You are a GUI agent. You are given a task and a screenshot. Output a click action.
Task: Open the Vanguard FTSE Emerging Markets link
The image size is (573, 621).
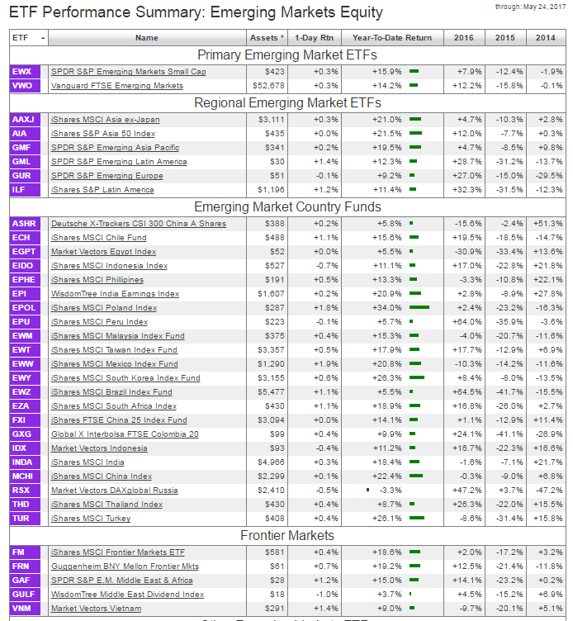pos(117,86)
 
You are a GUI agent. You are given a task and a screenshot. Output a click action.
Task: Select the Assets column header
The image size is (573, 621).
pos(266,38)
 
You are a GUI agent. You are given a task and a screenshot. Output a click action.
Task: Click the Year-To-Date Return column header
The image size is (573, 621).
pos(391,38)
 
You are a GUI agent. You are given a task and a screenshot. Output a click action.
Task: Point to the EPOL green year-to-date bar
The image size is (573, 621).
pos(419,308)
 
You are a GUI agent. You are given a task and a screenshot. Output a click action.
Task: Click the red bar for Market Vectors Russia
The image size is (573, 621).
pos(367,490)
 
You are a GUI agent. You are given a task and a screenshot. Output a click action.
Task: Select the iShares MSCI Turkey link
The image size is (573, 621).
pos(91,519)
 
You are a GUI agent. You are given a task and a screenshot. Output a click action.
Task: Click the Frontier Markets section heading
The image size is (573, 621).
pos(286,535)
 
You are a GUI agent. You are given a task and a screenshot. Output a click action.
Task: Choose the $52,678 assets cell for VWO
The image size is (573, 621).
pos(267,86)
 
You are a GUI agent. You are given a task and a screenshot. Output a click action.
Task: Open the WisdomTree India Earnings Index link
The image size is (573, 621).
pos(115,294)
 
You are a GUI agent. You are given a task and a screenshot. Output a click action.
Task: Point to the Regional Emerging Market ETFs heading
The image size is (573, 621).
pos(286,103)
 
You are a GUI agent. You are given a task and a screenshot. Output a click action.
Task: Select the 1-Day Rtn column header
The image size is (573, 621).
pos(315,38)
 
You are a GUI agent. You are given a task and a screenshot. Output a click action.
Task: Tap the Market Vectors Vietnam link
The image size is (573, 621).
pos(97,609)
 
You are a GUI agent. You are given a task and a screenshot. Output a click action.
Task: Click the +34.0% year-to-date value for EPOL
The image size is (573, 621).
pos(387,308)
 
